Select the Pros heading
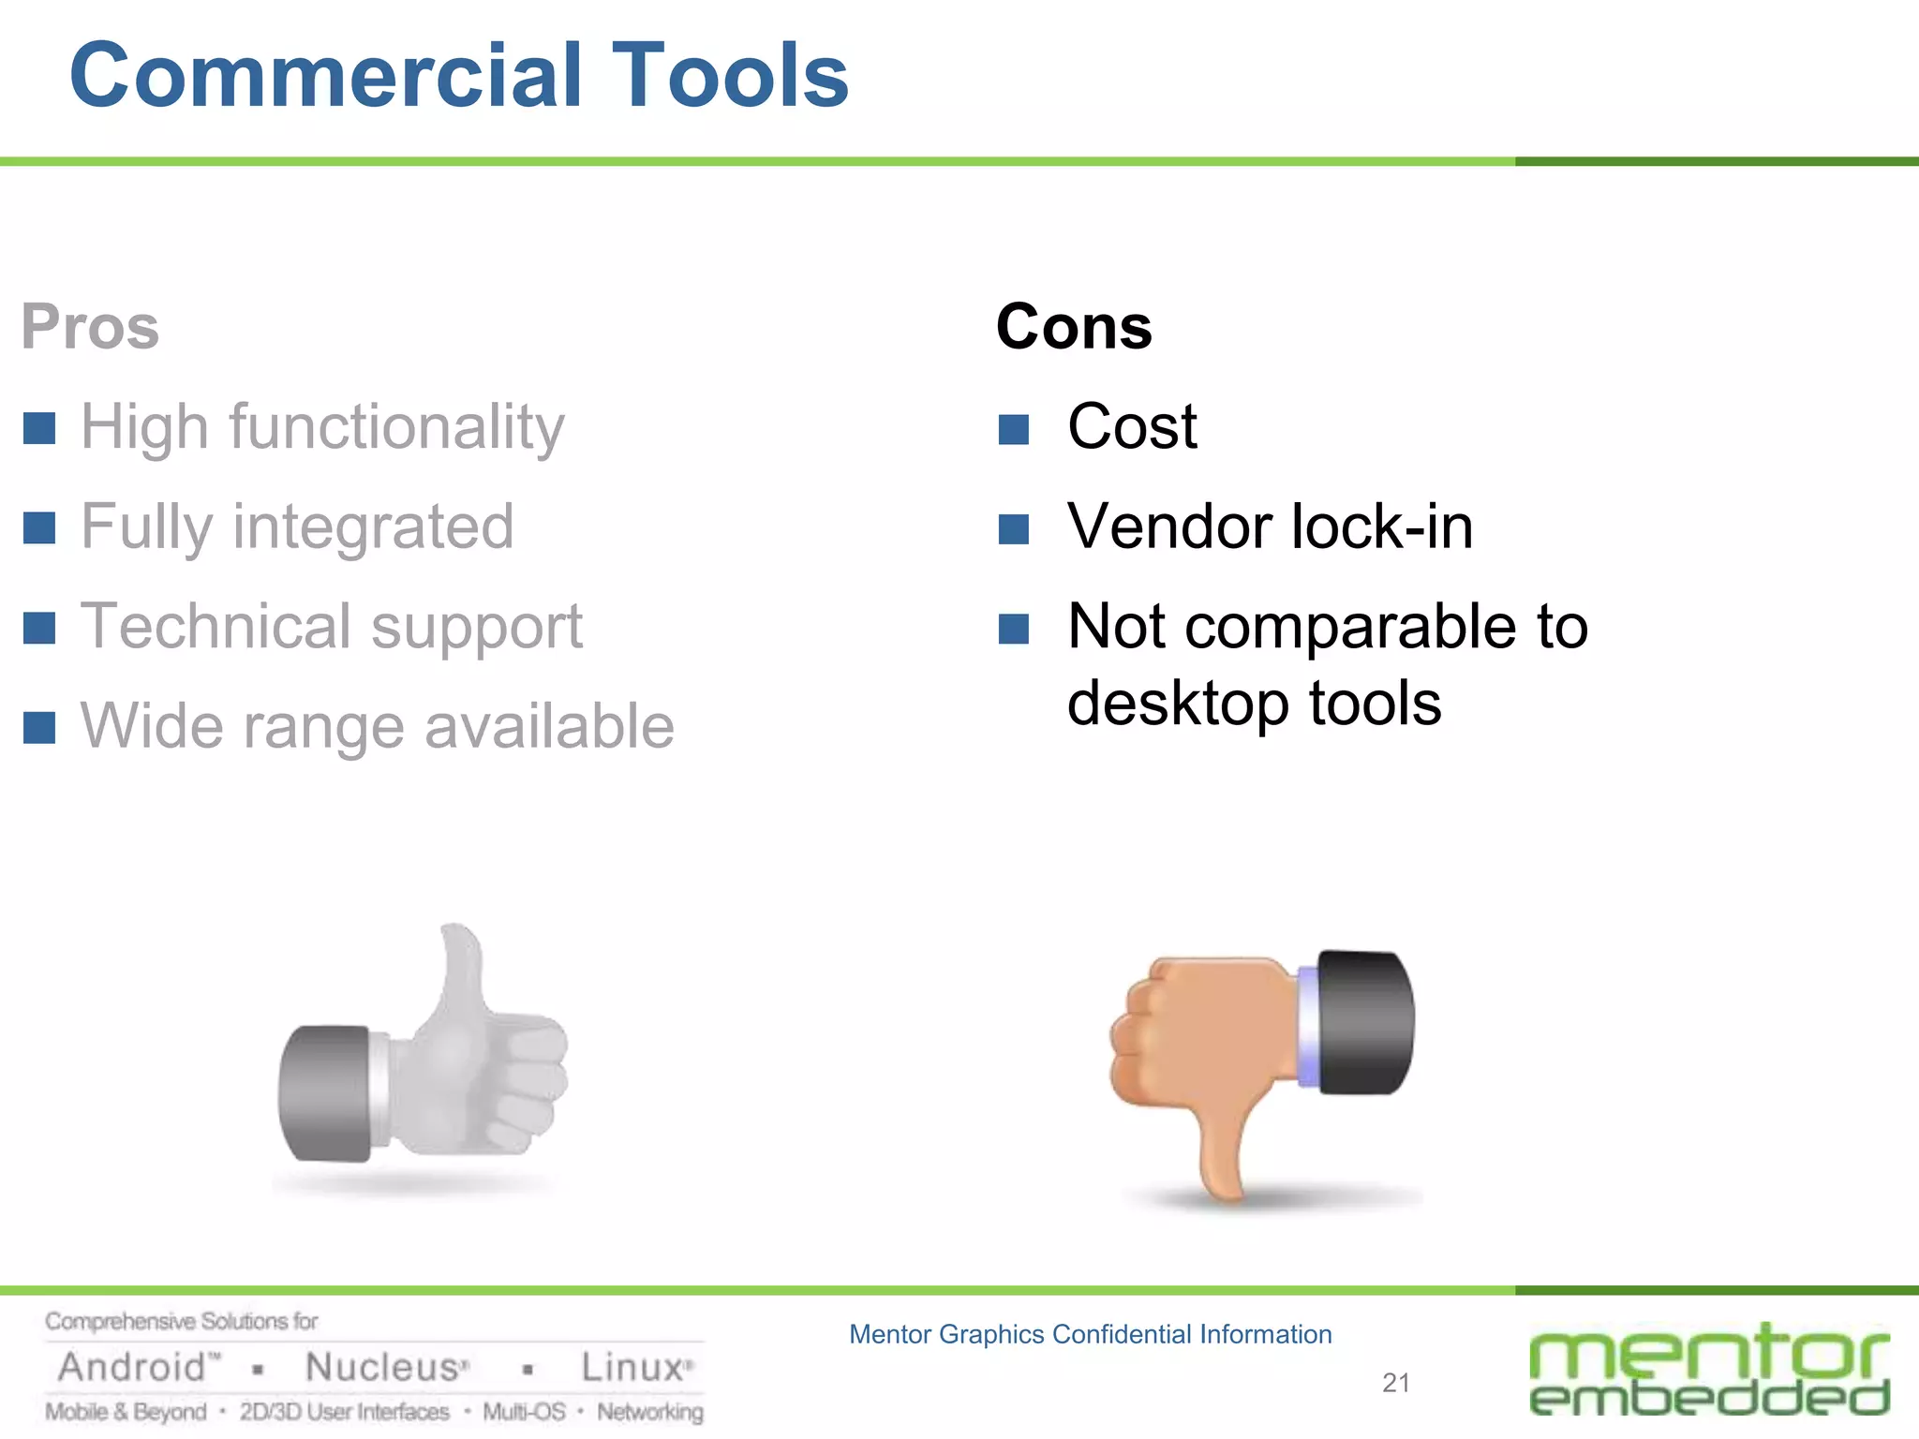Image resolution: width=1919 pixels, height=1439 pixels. pos(90,327)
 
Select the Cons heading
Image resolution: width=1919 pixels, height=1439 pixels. pos(1074,327)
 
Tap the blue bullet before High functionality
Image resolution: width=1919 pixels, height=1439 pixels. pos(39,428)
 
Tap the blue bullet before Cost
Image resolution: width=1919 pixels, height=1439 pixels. pos(1014,430)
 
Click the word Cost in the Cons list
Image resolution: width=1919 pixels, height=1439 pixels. pos(1132,427)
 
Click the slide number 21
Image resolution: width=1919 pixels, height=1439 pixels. pos(1395,1383)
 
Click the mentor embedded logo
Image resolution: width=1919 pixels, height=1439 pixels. pos(1709,1370)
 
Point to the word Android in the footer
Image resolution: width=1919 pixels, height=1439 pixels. pos(132,1368)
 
